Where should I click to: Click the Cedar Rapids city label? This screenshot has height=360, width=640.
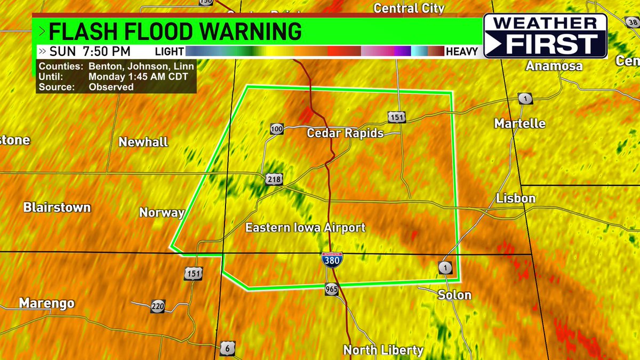[345, 133]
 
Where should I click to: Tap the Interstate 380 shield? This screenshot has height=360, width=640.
[332, 261]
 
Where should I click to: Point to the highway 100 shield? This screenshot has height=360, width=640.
[276, 129]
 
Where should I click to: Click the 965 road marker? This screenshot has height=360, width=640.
[331, 290]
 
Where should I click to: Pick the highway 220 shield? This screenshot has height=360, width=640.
[157, 306]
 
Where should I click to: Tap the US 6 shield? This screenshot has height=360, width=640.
[227, 349]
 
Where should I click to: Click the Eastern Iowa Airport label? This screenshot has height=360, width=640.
[305, 228]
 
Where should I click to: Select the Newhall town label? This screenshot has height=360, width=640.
[143, 142]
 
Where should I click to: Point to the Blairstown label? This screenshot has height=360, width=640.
[57, 207]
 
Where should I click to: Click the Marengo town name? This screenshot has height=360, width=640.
[46, 303]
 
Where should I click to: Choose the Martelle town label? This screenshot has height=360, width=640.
[519, 124]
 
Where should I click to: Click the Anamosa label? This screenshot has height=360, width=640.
[554, 66]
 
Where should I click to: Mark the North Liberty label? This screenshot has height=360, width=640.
[383, 350]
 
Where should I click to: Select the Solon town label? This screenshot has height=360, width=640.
[454, 295]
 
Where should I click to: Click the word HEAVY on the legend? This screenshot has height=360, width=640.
[462, 52]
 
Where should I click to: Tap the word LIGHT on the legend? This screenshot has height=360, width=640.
[169, 52]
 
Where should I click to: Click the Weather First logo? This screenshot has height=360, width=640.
[545, 36]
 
